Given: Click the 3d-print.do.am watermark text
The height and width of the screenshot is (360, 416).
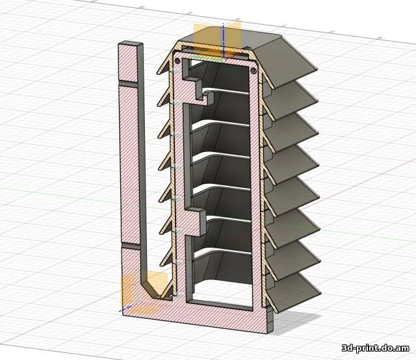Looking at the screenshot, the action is [x=375, y=348].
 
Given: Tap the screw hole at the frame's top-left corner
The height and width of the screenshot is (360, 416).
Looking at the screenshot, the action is [x=177, y=61].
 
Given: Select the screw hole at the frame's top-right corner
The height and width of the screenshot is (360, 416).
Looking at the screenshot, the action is [x=253, y=71].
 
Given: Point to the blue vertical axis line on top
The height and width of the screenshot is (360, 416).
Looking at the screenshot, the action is [x=223, y=40].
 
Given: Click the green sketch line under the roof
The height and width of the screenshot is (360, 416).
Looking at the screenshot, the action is [x=207, y=58].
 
